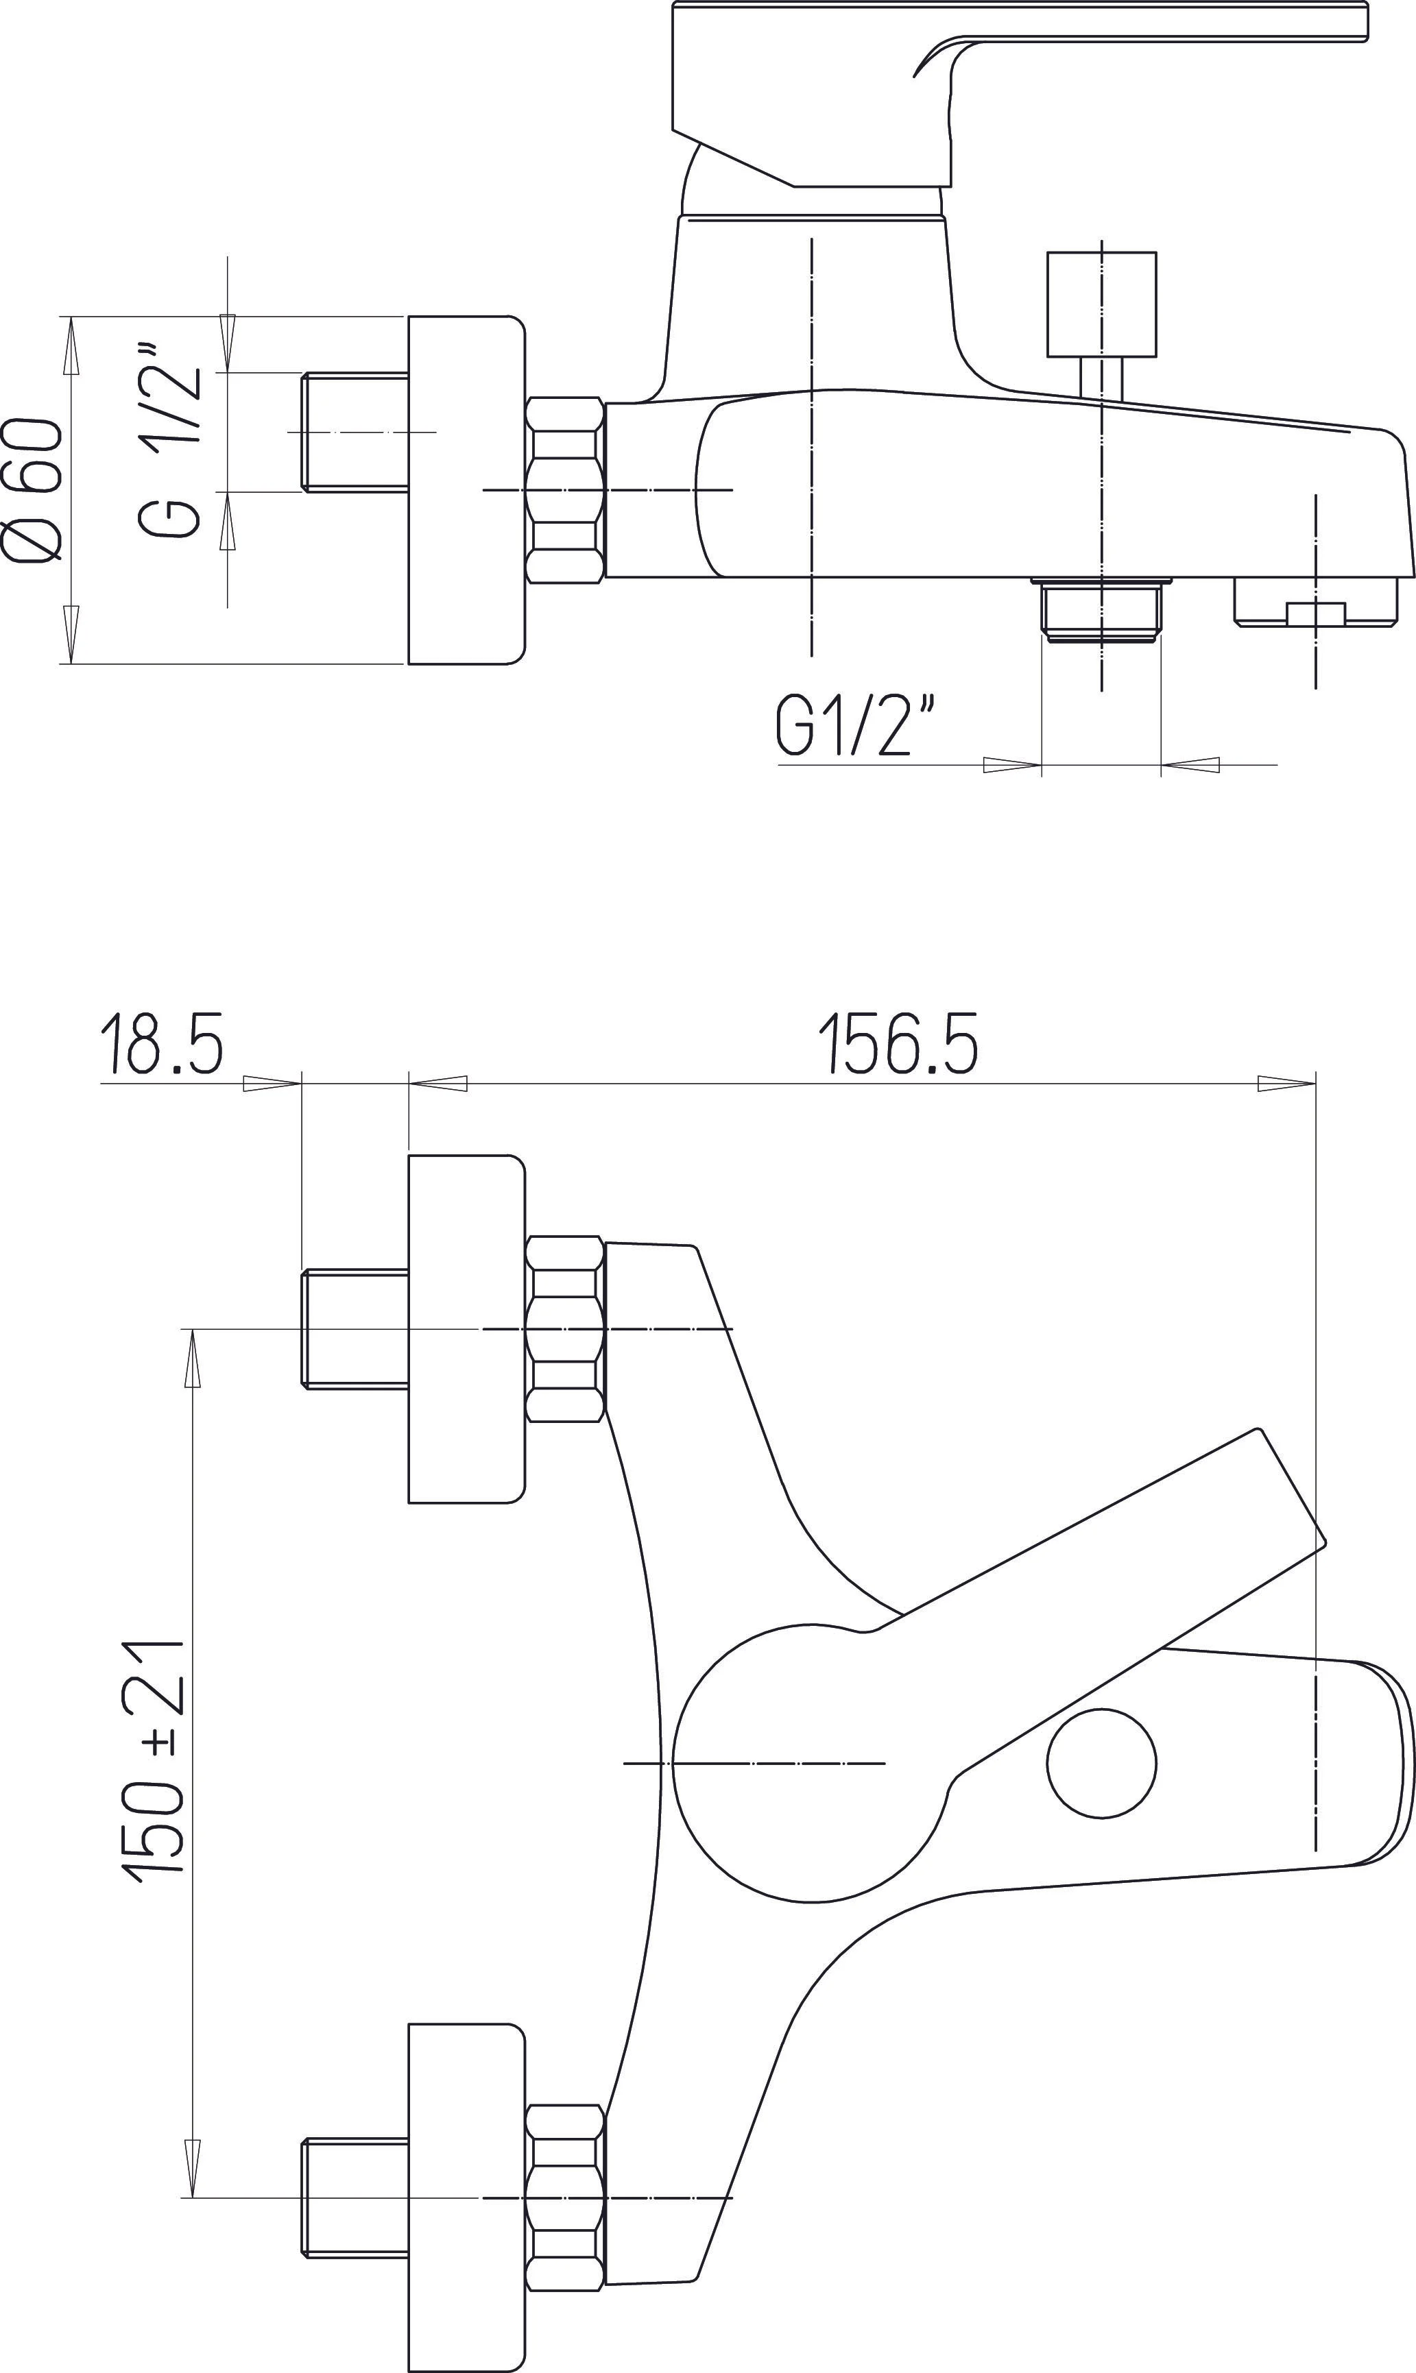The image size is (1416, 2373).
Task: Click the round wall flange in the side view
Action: coord(466,489)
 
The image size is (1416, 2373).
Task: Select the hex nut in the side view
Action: coord(565,489)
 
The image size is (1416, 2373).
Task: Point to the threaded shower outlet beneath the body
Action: coord(1101,611)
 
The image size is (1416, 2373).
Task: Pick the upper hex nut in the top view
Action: coord(565,1328)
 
